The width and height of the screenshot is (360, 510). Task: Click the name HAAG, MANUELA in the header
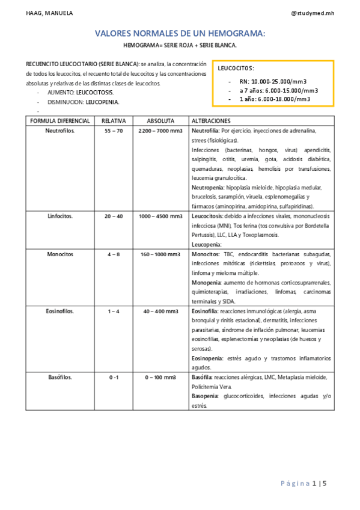click(x=41, y=13)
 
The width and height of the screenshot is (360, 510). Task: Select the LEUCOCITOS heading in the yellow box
click(x=236, y=69)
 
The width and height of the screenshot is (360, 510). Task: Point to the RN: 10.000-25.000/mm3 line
click(x=274, y=81)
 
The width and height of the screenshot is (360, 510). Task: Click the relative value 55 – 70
click(x=113, y=131)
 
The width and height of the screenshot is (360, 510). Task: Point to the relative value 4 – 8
click(x=113, y=254)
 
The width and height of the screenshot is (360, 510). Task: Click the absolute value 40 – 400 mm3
click(x=160, y=312)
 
